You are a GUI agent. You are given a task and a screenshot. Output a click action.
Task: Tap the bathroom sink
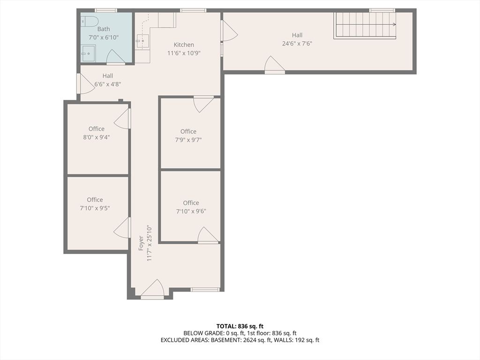(x=88, y=53)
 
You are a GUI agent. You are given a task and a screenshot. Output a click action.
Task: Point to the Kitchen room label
(x=184, y=45)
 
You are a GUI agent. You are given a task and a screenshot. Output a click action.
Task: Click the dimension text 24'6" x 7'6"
(x=297, y=44)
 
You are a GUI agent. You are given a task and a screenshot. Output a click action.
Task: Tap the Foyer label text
(x=141, y=243)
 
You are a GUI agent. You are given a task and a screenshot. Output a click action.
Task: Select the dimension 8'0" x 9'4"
(x=96, y=137)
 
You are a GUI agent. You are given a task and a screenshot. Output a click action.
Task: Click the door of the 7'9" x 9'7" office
(x=203, y=104)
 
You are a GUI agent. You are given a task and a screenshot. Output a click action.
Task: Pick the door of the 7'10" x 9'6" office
(x=208, y=235)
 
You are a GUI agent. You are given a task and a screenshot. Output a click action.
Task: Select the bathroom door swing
(x=115, y=57)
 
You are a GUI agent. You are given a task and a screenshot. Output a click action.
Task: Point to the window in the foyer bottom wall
(x=205, y=290)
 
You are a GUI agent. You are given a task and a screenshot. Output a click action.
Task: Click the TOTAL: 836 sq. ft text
(x=240, y=326)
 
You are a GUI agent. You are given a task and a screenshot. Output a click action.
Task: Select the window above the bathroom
(x=105, y=10)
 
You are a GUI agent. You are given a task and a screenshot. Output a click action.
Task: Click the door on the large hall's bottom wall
(x=274, y=65)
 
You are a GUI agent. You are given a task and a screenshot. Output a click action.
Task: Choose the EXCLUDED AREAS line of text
(x=240, y=340)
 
